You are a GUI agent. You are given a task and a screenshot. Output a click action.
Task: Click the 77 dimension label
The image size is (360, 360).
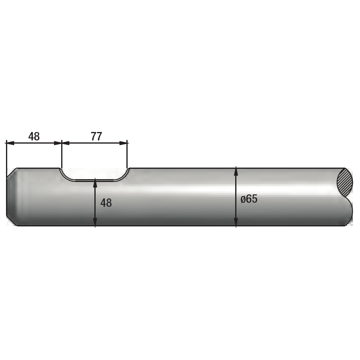pyautogui.click(x=96, y=137)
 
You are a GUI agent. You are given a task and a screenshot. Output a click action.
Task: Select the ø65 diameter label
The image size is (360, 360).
pyautogui.click(x=249, y=199)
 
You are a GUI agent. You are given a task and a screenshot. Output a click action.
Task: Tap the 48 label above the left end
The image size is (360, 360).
pyautogui.click(x=34, y=137)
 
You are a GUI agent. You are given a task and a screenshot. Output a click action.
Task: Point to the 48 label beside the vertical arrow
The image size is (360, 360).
pyautogui.click(x=106, y=203)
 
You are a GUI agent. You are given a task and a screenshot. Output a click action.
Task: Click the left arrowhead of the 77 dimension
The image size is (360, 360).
pyautogui.click(x=66, y=143)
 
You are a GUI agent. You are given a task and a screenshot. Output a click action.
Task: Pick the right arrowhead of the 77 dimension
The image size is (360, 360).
pyautogui.click(x=123, y=143)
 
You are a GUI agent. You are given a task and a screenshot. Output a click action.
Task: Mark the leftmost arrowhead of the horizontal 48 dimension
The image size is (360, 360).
pyautogui.click(x=10, y=143)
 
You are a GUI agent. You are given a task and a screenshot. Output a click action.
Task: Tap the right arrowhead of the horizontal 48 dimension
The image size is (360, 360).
pyautogui.click(x=58, y=143)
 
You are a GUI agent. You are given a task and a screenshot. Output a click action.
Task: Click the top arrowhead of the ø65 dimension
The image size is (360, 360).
pyautogui.click(x=236, y=172)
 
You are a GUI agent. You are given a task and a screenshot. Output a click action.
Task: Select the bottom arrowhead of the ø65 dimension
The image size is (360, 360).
pyautogui.click(x=236, y=222)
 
